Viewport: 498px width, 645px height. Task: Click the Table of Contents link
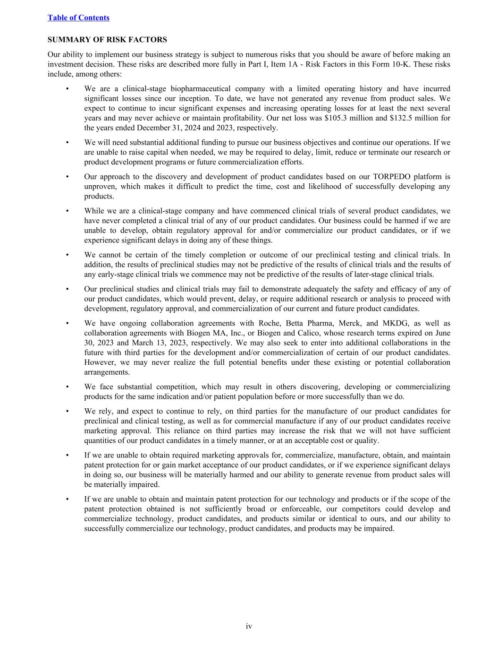click(x=78, y=17)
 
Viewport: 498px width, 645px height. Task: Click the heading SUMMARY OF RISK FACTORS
click(x=107, y=40)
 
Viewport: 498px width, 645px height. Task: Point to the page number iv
click(x=249, y=626)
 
